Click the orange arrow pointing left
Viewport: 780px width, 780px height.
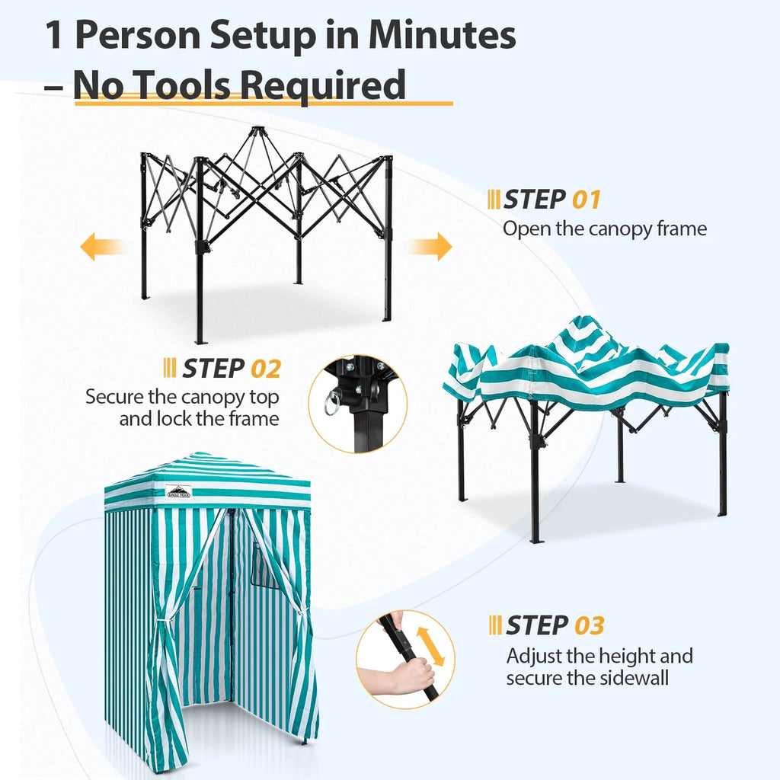click(101, 247)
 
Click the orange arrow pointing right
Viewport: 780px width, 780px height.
click(430, 247)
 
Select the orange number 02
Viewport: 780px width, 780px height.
click(266, 369)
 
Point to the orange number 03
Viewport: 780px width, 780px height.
click(589, 626)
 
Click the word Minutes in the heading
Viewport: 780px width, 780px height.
click(442, 36)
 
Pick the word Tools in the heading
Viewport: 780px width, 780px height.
click(187, 85)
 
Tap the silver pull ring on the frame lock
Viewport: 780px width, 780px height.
click(332, 402)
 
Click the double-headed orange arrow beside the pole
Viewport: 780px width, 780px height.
click(430, 646)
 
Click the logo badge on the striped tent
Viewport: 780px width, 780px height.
click(178, 491)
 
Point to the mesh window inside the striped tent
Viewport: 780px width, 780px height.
click(264, 566)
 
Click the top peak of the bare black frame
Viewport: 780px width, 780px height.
click(255, 129)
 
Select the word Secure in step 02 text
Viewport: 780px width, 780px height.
click(114, 397)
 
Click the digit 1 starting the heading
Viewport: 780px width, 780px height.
click(54, 36)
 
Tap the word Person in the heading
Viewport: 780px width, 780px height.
click(138, 36)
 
